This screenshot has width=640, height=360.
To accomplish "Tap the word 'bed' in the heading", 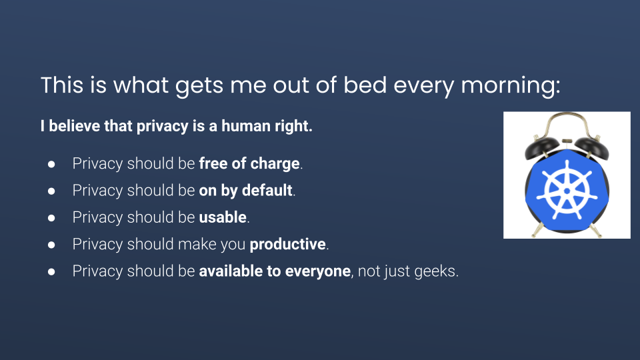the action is (x=365, y=85).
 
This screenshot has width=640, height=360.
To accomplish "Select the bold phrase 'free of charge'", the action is (x=249, y=163).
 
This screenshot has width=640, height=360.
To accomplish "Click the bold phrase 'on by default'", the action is (x=246, y=190).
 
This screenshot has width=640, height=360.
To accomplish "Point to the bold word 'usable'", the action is (x=223, y=217).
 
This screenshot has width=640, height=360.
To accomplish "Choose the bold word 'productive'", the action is (x=288, y=244).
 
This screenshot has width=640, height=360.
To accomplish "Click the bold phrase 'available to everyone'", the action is (x=275, y=271).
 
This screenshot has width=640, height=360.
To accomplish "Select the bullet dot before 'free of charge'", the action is (x=51, y=164).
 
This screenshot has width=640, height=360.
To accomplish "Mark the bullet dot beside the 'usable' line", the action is (x=51, y=218).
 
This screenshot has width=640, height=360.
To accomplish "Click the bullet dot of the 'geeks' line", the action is (x=51, y=272).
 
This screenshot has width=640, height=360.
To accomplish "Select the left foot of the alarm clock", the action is (x=535, y=232).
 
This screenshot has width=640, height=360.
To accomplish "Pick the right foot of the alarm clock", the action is (x=597, y=231).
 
